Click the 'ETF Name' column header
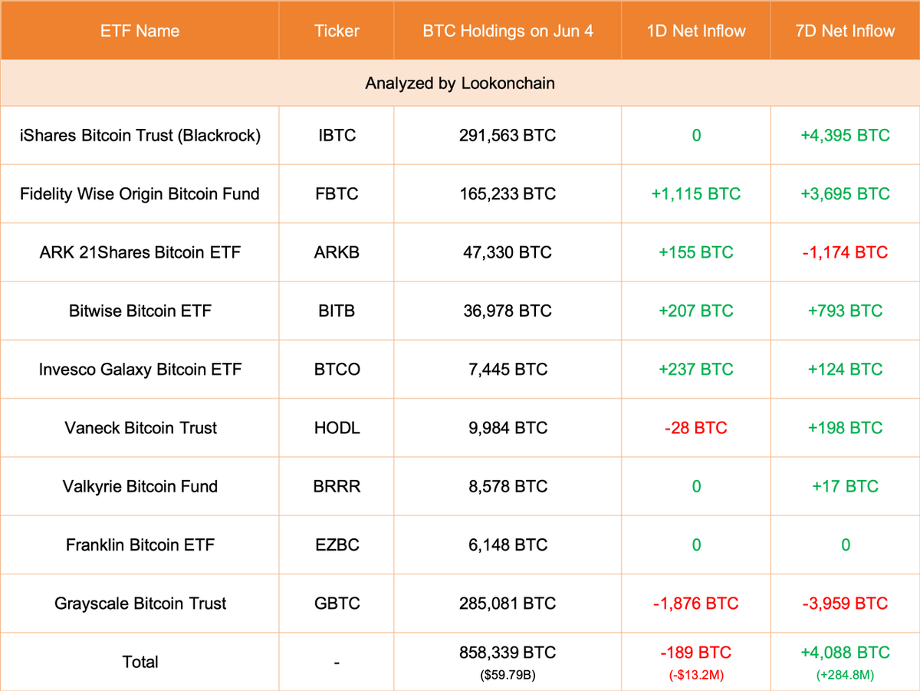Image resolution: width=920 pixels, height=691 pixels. [140, 31]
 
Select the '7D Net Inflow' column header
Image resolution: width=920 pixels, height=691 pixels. [845, 31]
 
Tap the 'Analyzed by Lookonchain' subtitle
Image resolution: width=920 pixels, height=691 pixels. [460, 83]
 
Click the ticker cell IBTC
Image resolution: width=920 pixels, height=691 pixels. [336, 136]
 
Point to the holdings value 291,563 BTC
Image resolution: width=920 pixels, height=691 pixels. [508, 136]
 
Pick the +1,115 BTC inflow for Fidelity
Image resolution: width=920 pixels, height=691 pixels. [696, 194]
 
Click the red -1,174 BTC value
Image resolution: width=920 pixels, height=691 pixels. [845, 252]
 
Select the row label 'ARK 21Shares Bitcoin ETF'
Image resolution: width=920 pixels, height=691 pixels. [140, 252]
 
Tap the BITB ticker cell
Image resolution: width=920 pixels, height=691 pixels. [336, 311]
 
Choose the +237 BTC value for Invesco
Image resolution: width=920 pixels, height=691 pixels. [696, 369]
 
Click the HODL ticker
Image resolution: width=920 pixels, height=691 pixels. [336, 428]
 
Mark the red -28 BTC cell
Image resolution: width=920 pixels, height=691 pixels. [696, 428]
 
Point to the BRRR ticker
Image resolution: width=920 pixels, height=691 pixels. [336, 486]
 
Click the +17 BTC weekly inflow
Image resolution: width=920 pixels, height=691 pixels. [845, 486]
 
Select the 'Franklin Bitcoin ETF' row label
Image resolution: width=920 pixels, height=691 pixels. [140, 545]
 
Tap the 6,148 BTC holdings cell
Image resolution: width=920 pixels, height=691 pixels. [508, 545]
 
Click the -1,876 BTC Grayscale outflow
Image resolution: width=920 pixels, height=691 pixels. [696, 604]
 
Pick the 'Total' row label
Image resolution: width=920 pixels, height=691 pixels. [140, 662]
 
